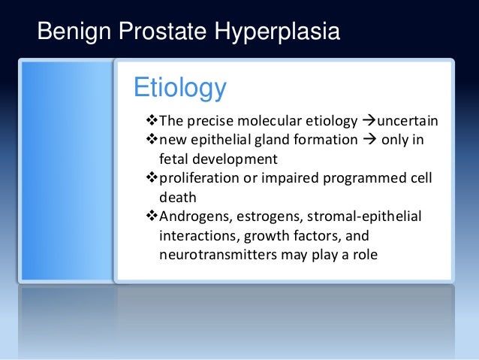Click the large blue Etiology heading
coord(179,88)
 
